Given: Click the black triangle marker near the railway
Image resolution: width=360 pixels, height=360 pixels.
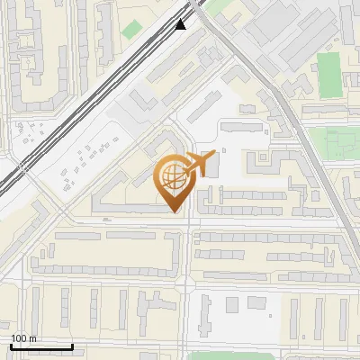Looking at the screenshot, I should [181, 23].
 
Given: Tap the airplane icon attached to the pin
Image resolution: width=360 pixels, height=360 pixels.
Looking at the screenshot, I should [198, 165].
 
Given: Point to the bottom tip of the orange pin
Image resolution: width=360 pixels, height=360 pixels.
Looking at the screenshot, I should [174, 211].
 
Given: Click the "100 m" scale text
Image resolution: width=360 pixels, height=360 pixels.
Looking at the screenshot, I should [23, 338].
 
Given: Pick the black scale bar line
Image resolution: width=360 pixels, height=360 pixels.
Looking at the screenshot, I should [41, 346].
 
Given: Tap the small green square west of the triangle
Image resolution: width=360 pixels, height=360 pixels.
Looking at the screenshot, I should [132, 29].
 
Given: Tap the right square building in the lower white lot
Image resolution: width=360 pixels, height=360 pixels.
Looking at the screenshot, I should [258, 305].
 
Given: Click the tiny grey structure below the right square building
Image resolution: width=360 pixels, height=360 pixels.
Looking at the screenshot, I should [269, 317].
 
